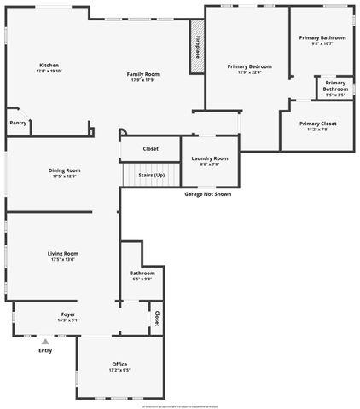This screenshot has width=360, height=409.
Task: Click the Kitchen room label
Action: pos(49,66)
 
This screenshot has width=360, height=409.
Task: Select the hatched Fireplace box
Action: pos(197,48)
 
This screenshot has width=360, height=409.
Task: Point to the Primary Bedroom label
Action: pos(248,66)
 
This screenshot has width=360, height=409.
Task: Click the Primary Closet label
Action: pos(317,124)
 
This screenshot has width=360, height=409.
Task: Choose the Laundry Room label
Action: pos(209,158)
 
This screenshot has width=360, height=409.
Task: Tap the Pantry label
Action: pos(18,123)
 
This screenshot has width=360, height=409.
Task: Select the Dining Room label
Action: pos(64,170)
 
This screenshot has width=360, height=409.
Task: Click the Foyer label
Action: pos(67,314)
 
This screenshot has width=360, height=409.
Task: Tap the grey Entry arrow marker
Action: pos(45,341)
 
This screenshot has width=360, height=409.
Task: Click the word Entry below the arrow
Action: pos(45,350)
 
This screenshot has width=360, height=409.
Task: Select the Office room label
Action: pos(119,364)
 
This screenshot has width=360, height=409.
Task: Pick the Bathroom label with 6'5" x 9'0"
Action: pos(142,273)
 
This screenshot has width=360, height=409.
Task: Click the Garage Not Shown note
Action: pos(207,193)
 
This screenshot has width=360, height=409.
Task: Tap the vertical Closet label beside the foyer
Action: pos(157,318)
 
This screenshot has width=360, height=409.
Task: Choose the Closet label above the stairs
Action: pos(150,148)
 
